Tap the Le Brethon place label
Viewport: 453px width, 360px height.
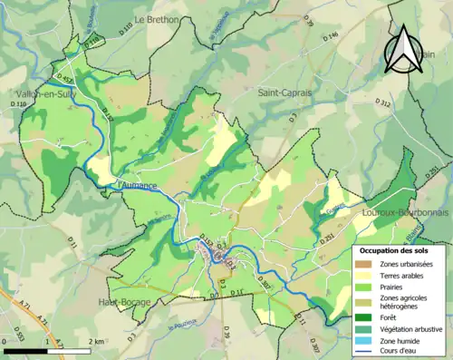[x=159, y=19]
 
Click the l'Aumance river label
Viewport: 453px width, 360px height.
[x=138, y=186]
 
